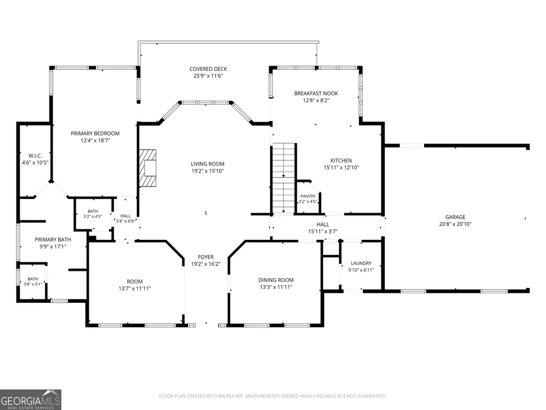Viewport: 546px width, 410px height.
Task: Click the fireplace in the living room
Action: coord(148,168)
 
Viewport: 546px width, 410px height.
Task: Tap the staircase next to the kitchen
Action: coord(284,178)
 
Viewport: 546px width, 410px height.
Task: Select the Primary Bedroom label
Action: coord(95,133)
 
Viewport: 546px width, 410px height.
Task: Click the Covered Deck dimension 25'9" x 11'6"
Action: coord(208,76)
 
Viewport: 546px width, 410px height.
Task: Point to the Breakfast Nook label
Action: coord(316,93)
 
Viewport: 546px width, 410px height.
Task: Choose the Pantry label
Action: coord(308,196)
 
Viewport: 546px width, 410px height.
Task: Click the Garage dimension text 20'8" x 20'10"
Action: coord(455,224)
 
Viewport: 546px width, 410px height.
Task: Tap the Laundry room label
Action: coord(361,263)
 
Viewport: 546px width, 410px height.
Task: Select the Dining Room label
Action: coord(276,280)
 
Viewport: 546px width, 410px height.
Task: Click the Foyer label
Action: coord(206,257)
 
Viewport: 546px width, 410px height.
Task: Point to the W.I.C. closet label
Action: coord(35,156)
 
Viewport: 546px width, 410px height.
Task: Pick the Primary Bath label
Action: coord(53,239)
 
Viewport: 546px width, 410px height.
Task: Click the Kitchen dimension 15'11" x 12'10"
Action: coord(341,167)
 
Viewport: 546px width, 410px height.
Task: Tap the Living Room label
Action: coord(208,164)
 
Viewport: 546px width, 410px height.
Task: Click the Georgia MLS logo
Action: coord(31,399)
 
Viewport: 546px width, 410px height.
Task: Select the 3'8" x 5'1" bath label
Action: coord(32,284)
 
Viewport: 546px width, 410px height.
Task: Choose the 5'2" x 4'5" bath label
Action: coord(93,216)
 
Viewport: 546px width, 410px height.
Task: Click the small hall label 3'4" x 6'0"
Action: coord(125,221)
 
